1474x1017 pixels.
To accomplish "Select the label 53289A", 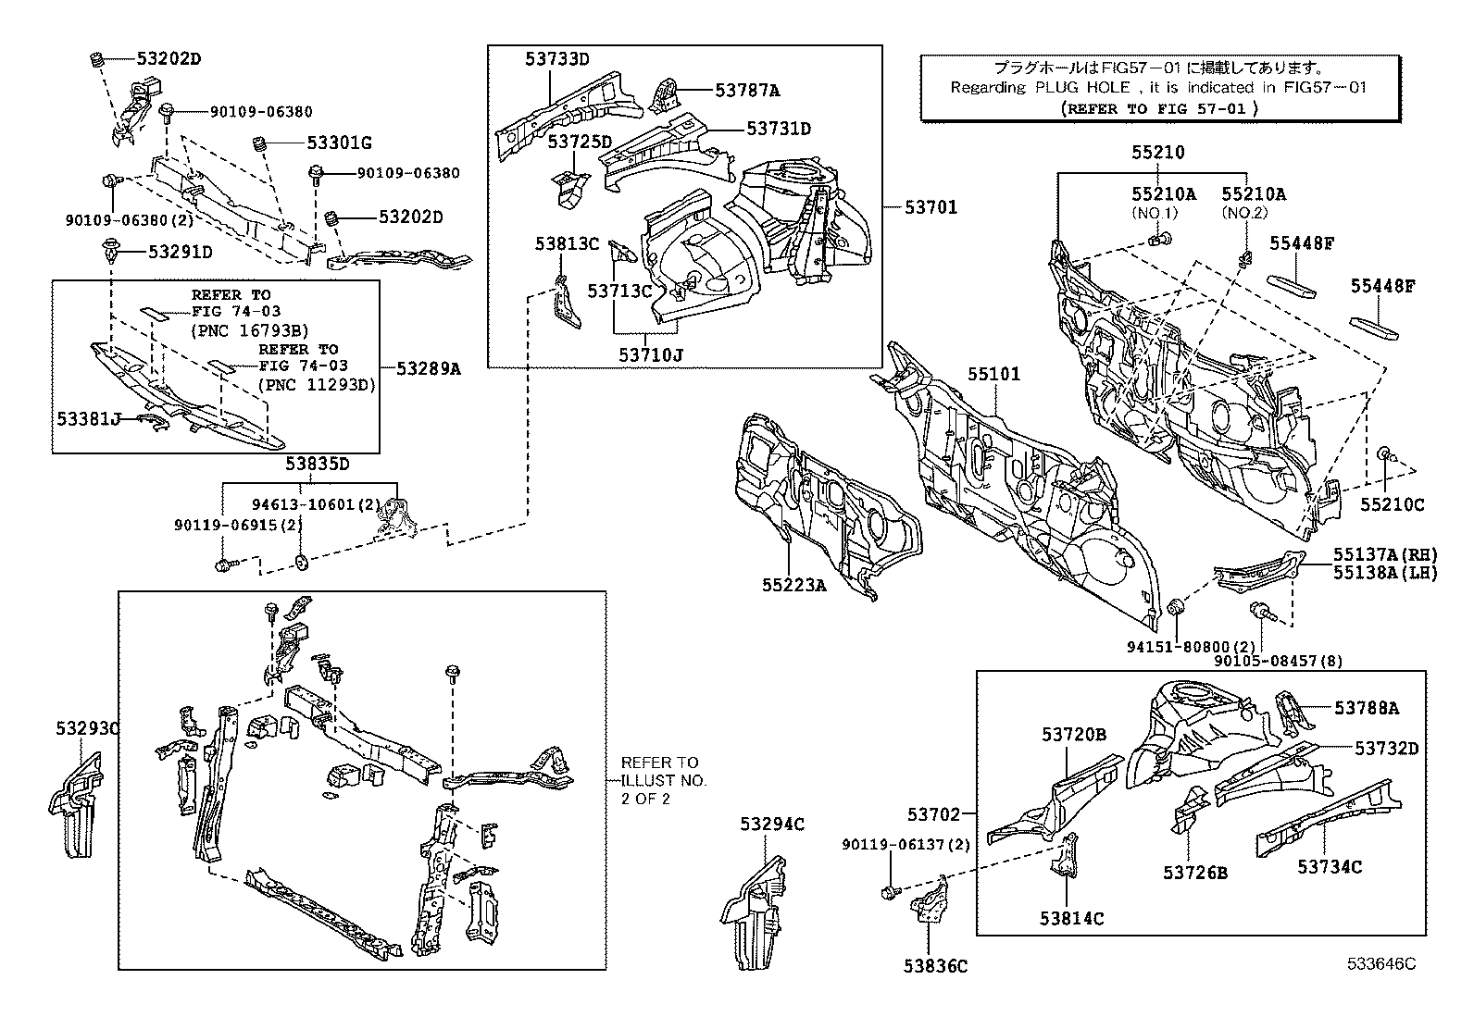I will (x=428, y=368).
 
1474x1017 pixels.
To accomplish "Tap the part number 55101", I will (x=993, y=375).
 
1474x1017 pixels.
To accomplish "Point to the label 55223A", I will (x=794, y=585).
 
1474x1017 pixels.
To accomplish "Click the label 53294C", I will (x=772, y=825).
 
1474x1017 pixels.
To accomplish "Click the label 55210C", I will (x=1392, y=504).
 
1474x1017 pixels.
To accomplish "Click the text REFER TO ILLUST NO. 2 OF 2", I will (x=663, y=780).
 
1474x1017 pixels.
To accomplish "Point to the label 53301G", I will (x=339, y=143).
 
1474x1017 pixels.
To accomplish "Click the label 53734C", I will (x=1329, y=867).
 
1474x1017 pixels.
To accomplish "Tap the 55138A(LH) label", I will (x=1385, y=573).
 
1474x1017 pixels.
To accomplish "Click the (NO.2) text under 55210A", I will (x=1243, y=212).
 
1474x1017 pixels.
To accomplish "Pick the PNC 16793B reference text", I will (x=249, y=329).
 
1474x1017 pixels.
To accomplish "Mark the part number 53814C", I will (x=1071, y=919).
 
